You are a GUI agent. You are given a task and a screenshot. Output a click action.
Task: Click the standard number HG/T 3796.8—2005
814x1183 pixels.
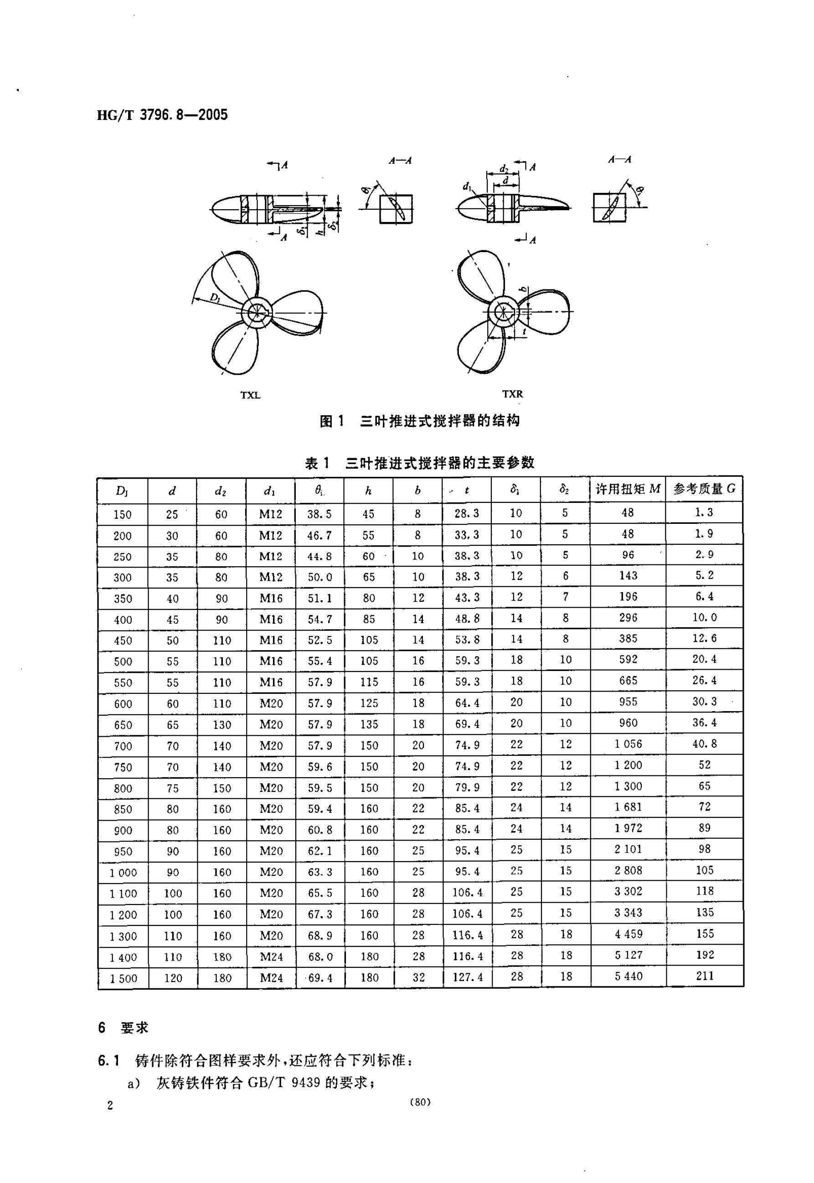pos(162,115)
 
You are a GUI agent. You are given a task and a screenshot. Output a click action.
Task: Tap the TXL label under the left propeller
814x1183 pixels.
pos(250,395)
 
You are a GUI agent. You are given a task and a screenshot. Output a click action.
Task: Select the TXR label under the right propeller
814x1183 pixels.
pos(512,394)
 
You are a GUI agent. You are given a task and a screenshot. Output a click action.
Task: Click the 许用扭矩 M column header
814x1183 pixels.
pos(628,489)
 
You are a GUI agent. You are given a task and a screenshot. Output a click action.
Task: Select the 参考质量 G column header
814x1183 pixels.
pos(704,489)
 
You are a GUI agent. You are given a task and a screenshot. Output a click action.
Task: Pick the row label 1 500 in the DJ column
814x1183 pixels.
pos(124,978)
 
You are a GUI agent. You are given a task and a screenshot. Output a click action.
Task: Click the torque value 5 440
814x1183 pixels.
pos(629,976)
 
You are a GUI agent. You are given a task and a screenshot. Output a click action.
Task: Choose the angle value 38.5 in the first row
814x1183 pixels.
pos(319,514)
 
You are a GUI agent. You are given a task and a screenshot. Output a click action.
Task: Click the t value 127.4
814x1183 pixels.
pos(468,977)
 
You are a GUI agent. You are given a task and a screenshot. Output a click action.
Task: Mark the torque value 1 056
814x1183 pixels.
pos(628,744)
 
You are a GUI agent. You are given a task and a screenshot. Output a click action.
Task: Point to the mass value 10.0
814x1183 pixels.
pos(704,617)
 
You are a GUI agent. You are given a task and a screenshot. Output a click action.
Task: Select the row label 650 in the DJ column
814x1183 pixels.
pos(123,725)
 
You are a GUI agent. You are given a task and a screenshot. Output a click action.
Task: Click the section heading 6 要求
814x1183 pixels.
pos(123,1028)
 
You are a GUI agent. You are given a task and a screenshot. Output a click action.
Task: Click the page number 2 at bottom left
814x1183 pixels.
pos(110,1106)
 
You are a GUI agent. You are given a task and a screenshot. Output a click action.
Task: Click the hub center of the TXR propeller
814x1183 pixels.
pos(503,312)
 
